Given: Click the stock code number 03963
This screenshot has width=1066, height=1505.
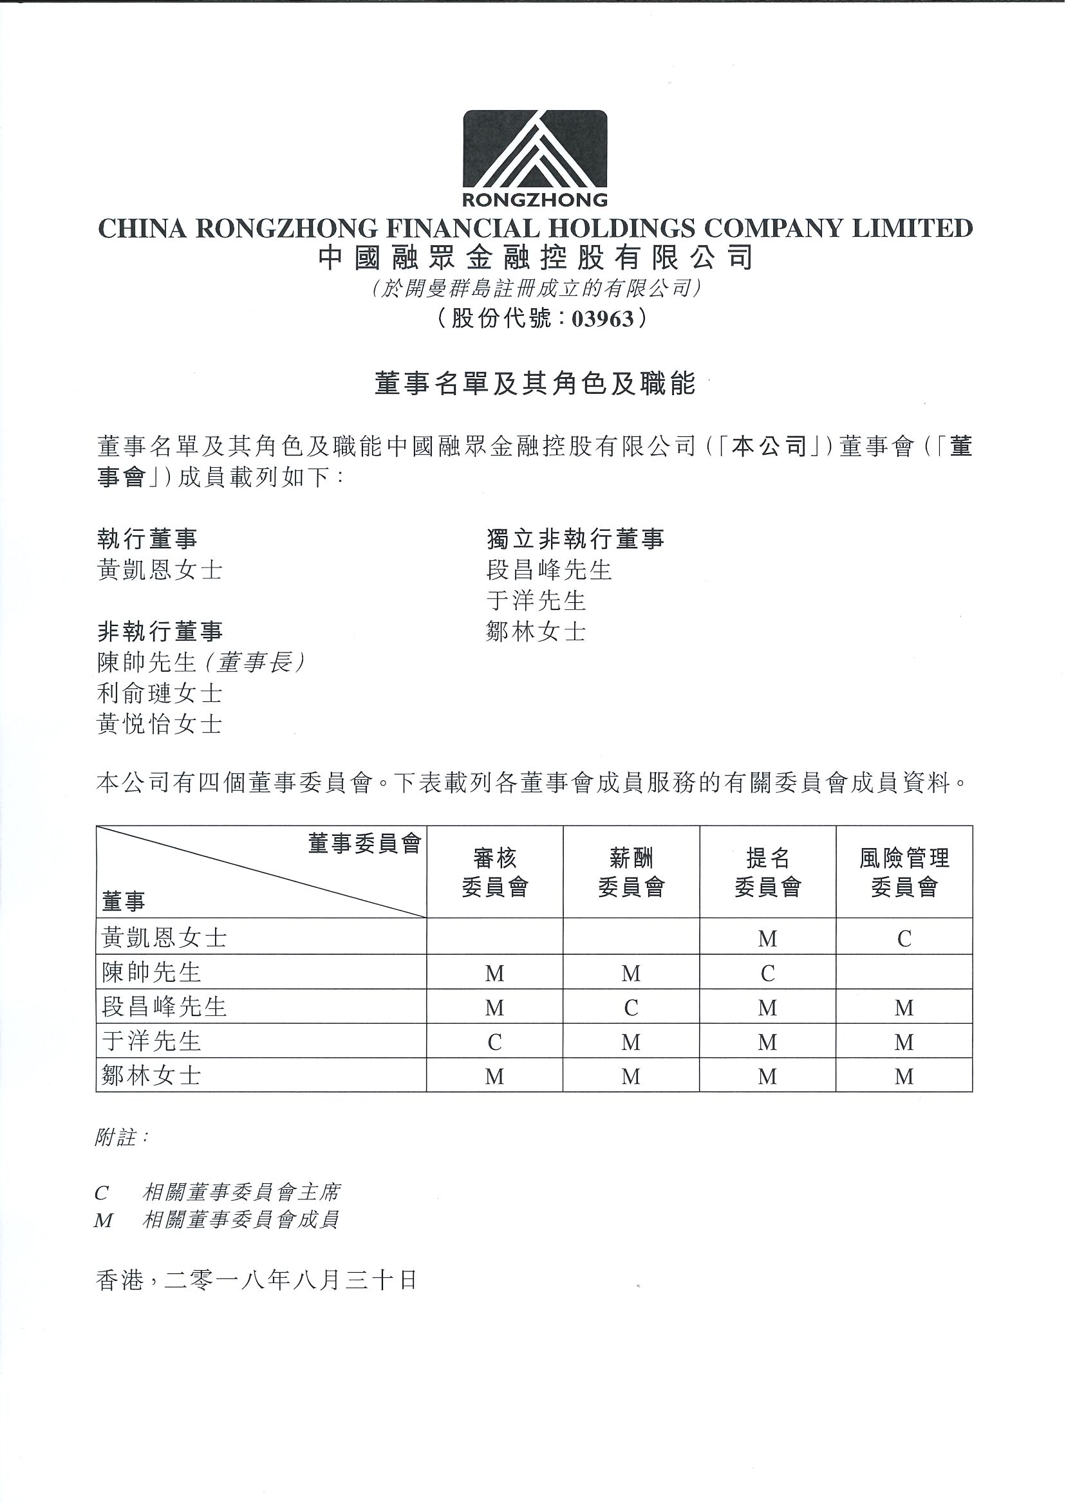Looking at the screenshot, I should [603, 319].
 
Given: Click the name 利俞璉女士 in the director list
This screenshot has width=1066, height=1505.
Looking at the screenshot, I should [160, 694].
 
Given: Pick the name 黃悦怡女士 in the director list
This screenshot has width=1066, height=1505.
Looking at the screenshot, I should [160, 725].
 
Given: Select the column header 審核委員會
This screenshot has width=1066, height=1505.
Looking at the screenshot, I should [494, 872].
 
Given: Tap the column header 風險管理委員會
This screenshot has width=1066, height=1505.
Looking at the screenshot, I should [904, 872].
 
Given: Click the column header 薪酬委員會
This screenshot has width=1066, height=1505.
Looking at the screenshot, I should [631, 872].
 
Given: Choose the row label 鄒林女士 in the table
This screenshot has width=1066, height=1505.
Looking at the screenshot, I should [151, 1075].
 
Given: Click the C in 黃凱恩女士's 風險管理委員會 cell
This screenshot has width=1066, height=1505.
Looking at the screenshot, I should [904, 939].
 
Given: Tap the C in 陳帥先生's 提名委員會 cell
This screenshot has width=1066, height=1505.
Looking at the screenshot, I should [767, 973].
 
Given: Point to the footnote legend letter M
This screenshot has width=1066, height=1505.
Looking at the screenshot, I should [104, 1220].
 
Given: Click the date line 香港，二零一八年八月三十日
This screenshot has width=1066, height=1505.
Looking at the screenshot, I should [257, 1280].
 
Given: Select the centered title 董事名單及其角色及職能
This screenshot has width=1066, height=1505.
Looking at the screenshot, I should [534, 383].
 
